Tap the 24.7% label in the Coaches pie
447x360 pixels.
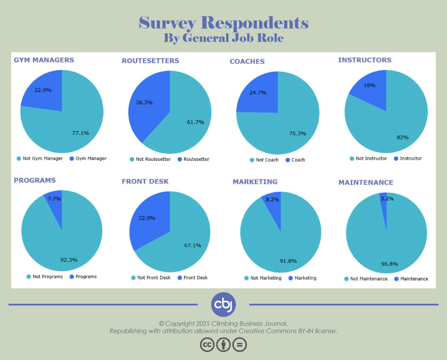coord(257,93)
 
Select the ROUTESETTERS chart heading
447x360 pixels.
coord(150,61)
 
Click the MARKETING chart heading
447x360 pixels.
coord(255,181)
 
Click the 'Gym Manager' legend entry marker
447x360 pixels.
coord(72,158)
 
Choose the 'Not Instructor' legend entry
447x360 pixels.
coord(368,159)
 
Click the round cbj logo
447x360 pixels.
coord(223,304)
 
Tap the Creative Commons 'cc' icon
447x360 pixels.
coord(207,344)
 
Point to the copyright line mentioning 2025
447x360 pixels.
coord(223,323)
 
